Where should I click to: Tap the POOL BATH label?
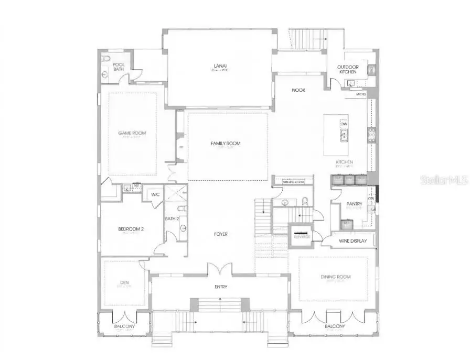(x=119, y=67)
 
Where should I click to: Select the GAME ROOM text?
(x=132, y=133)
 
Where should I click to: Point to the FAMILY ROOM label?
(x=226, y=144)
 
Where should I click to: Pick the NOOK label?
(x=298, y=90)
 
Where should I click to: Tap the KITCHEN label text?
(x=345, y=162)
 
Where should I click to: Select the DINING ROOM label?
(x=336, y=277)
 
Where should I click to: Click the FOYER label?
(x=220, y=234)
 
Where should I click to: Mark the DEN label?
(x=124, y=283)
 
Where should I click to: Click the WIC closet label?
(x=155, y=194)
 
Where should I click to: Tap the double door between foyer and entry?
(x=219, y=269)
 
